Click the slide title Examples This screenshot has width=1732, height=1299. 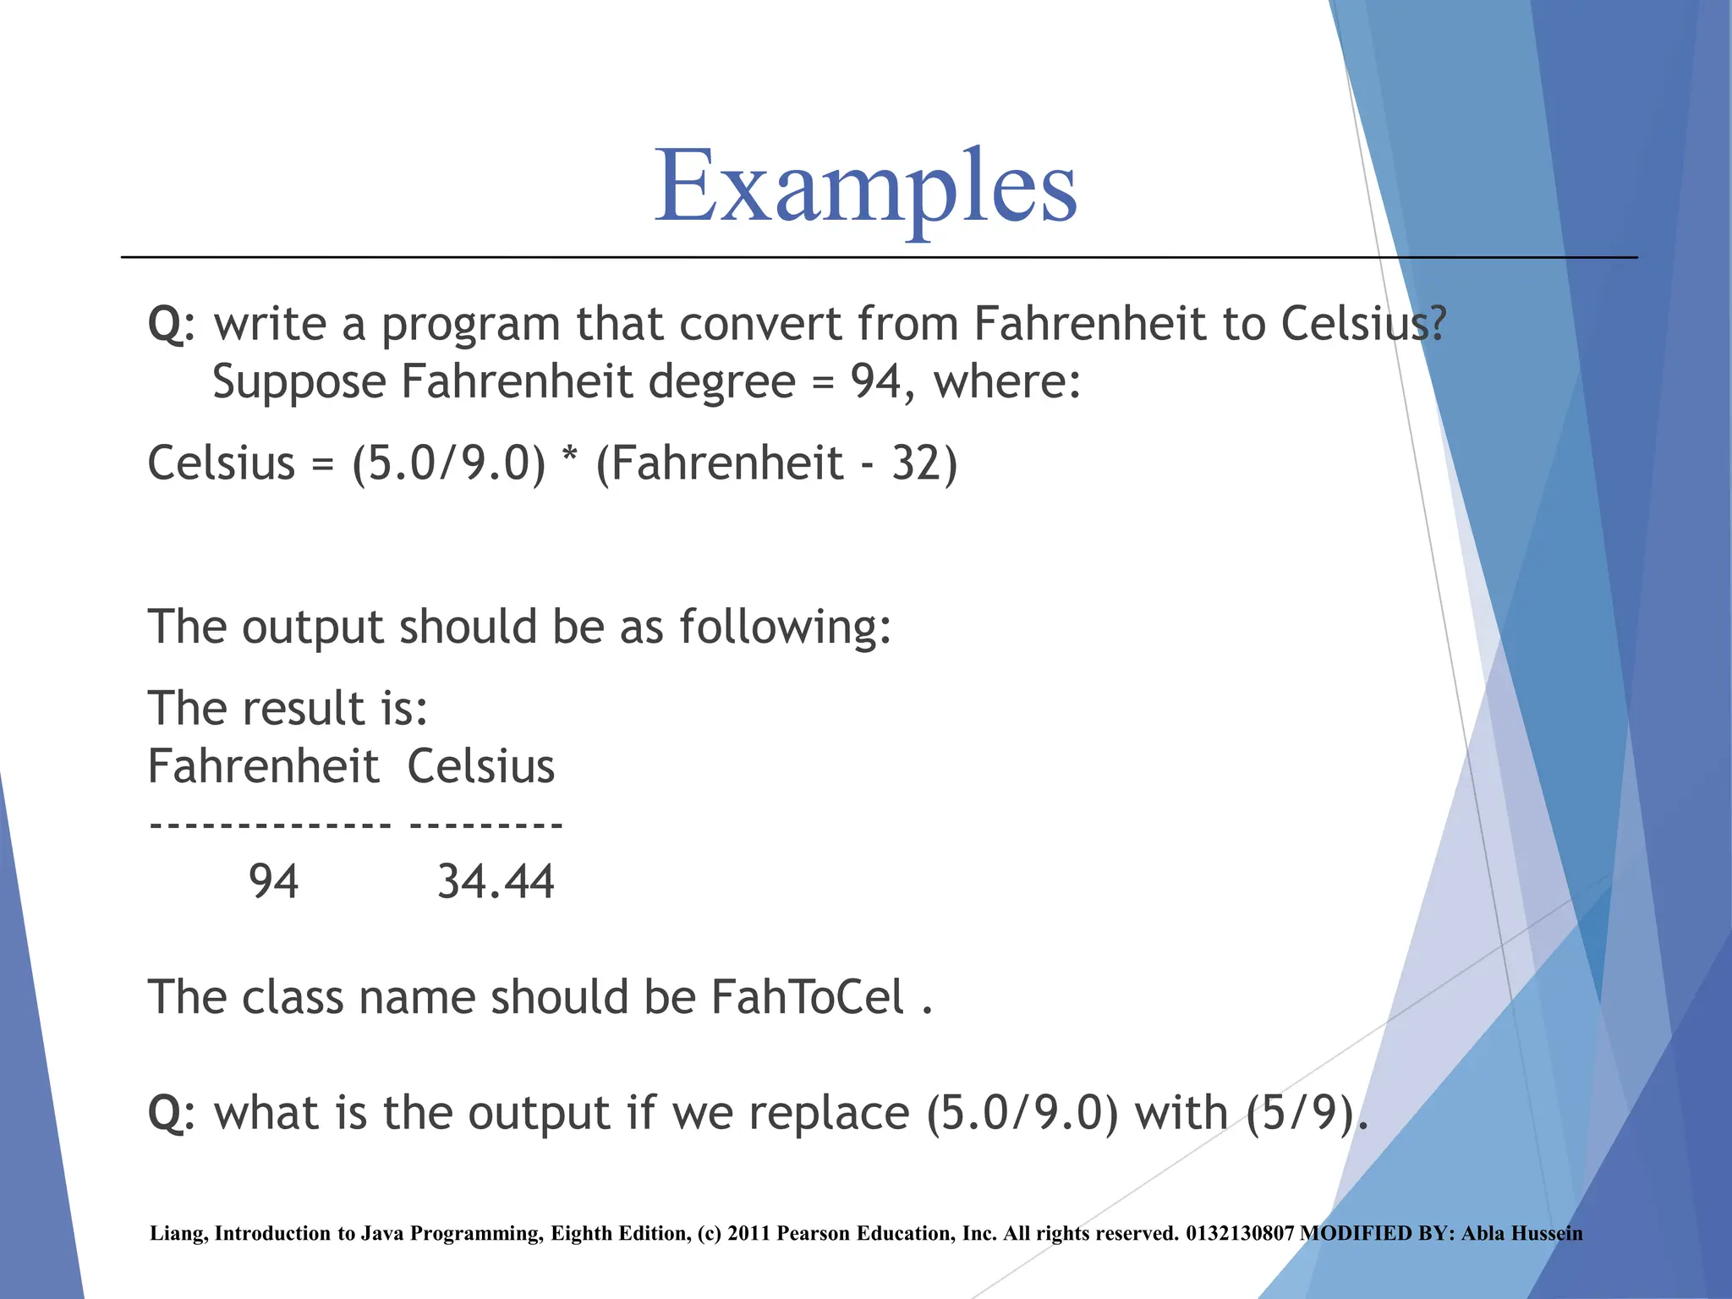tap(865, 188)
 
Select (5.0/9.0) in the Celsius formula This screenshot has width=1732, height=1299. tap(449, 463)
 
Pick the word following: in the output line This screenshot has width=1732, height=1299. tap(785, 628)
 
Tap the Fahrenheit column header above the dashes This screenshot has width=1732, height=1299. tap(263, 767)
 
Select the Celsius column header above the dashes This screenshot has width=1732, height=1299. tap(480, 767)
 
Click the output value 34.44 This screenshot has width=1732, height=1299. tap(496, 882)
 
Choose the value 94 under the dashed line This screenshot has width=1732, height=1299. tap(273, 882)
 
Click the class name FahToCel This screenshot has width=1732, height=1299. tap(808, 998)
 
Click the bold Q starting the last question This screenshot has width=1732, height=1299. tap(167, 1113)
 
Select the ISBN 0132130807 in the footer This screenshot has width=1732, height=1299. tap(1239, 1234)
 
